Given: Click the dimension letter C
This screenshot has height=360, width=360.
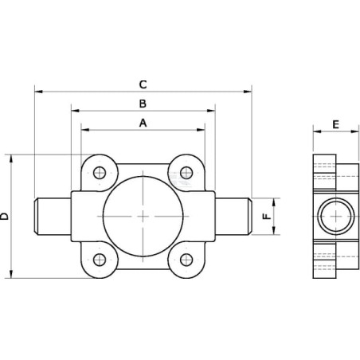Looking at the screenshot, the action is pos(143,84).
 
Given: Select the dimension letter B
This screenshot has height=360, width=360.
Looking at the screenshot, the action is pos(143,104).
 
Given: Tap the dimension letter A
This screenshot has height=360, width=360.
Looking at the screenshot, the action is pos(143,123).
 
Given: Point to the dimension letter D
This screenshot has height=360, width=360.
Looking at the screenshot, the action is pos(5,217).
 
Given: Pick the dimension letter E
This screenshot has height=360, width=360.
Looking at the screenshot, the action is pos(336,124).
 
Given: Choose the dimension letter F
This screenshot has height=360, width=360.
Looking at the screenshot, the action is pos(267,217).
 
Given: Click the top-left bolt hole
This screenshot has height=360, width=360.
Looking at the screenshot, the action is pos(100,173).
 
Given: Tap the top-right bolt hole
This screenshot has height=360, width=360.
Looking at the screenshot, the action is pos(186,173).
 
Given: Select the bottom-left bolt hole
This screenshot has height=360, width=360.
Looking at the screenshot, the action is pos(100,260).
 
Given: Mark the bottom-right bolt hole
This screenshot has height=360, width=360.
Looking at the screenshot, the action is pos(186,260).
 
